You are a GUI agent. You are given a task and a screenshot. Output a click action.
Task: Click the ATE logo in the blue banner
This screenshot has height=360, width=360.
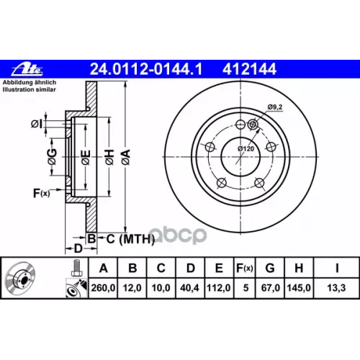point(27,69)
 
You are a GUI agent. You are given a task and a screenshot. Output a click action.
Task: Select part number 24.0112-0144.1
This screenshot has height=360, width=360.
point(146,69)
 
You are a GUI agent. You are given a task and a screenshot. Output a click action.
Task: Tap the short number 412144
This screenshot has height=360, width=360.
point(249,69)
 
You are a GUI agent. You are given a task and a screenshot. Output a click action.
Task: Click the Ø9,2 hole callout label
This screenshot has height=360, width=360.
point(275,107)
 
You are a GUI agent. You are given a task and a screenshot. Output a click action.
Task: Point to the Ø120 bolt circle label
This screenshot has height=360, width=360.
point(246,149)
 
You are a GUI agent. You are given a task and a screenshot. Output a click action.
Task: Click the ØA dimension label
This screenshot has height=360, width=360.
point(126,157)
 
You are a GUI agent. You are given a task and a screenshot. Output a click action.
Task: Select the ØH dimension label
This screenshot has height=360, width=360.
point(109,157)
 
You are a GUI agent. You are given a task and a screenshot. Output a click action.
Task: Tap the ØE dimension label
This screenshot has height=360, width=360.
point(86,157)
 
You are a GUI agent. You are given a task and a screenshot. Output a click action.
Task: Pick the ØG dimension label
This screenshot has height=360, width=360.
point(53,157)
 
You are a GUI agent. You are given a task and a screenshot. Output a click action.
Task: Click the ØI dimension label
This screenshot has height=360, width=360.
point(37,124)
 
